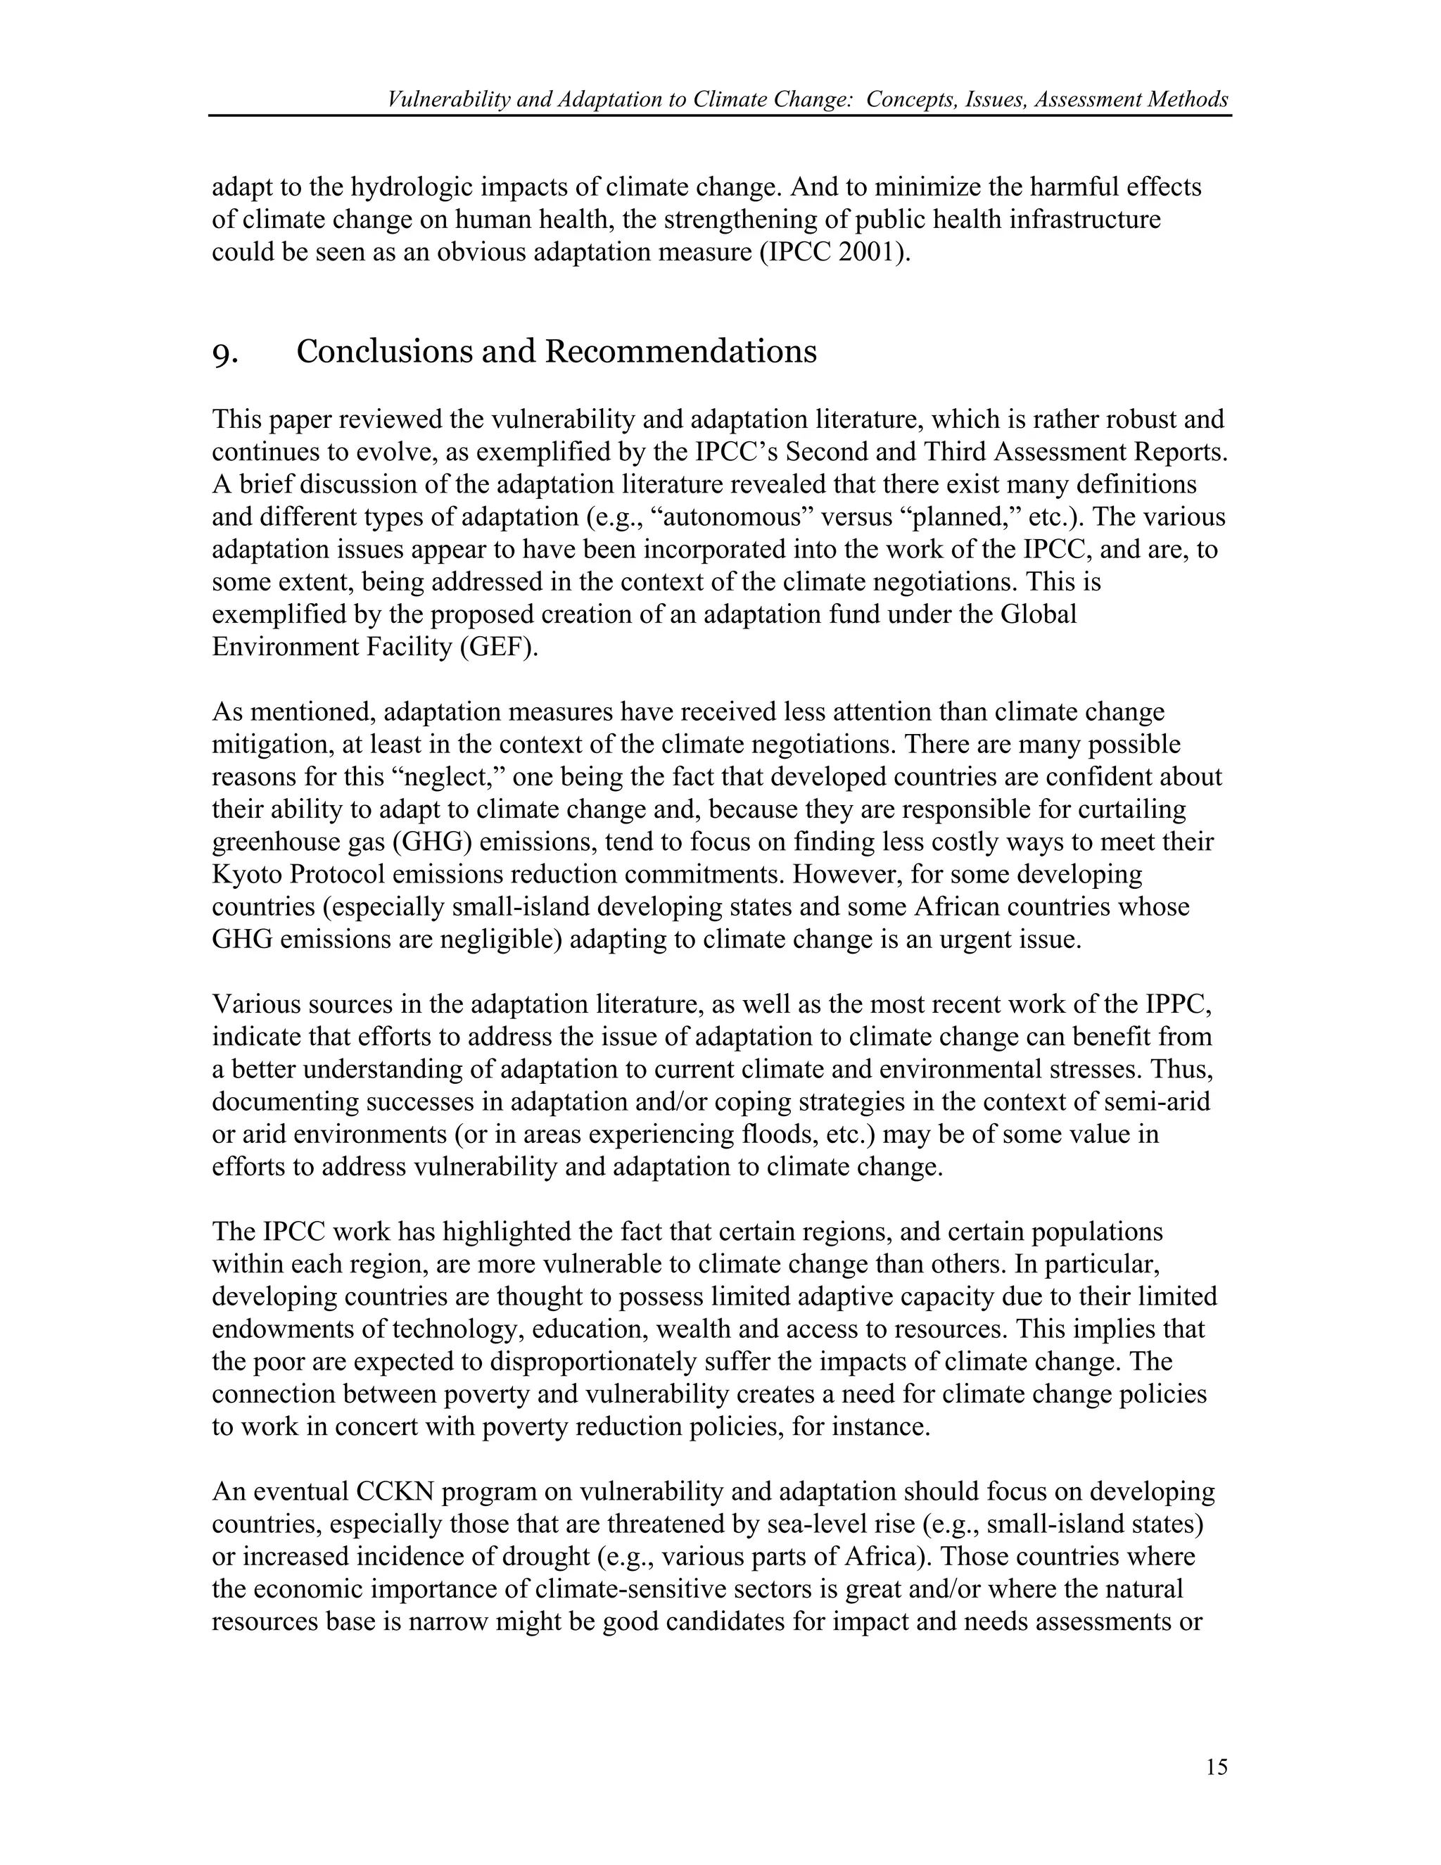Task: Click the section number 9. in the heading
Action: tap(224, 353)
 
